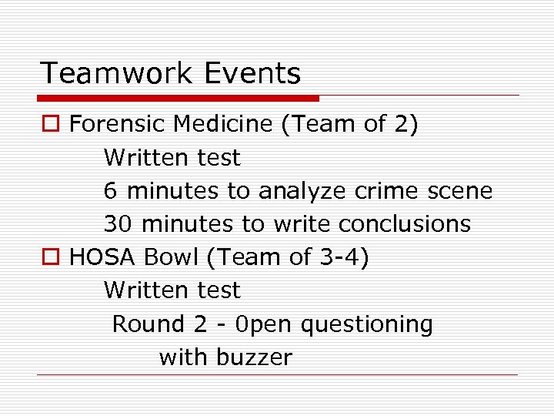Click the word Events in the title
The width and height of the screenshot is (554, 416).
pyautogui.click(x=252, y=74)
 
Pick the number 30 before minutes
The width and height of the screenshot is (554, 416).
pyautogui.click(x=118, y=223)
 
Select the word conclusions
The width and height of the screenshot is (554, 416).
pyautogui.click(x=404, y=223)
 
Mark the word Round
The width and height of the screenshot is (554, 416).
pyautogui.click(x=149, y=324)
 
